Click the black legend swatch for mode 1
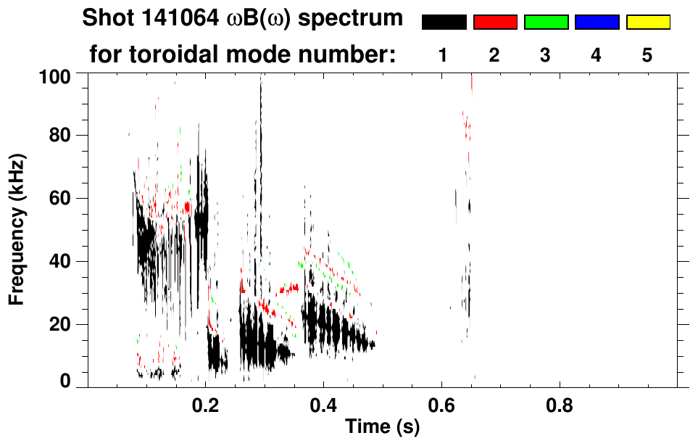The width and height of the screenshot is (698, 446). [x=444, y=22]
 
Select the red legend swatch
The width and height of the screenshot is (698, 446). [x=495, y=22]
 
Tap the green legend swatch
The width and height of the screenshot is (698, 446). [x=546, y=22]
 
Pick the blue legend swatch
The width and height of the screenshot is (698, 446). [x=597, y=22]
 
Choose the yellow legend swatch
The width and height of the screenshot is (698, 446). [x=647, y=22]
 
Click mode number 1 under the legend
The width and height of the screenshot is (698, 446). [x=444, y=55]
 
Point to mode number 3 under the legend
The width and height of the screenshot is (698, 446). [x=546, y=55]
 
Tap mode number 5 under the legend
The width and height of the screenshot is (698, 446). [x=647, y=55]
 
